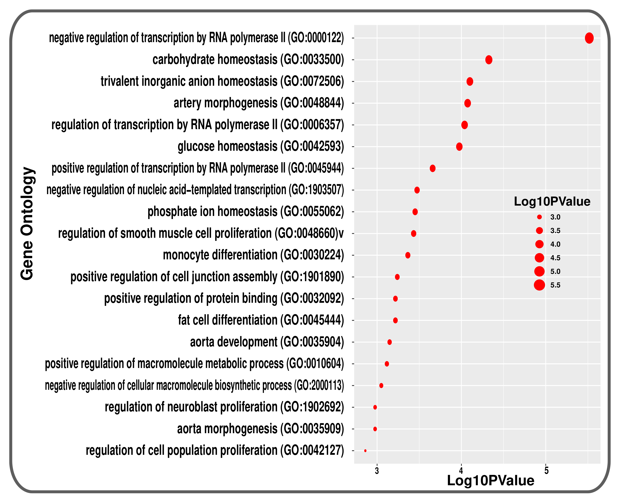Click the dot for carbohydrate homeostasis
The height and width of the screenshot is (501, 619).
point(488,60)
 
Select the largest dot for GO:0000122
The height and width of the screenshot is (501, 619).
point(589,38)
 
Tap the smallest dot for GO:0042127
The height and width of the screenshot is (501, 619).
point(365,450)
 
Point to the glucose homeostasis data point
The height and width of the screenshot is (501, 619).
point(459,147)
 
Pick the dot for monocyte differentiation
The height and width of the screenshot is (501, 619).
point(408,255)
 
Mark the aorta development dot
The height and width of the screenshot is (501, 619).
point(389,342)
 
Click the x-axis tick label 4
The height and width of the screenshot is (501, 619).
point(461,471)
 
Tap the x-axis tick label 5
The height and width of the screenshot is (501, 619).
point(546,471)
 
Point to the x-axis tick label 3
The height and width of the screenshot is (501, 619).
point(377,471)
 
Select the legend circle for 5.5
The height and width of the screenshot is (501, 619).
point(539,285)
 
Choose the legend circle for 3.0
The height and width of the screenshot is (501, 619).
point(539,217)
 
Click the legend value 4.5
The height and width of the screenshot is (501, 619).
point(555,258)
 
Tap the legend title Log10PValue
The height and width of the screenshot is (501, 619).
point(552,201)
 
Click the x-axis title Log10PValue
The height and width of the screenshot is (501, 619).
point(490,481)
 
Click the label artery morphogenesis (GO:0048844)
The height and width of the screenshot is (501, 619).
point(258,103)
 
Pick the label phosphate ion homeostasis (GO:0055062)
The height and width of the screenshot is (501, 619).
point(246,212)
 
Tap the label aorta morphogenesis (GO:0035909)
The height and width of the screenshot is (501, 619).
point(260,429)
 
